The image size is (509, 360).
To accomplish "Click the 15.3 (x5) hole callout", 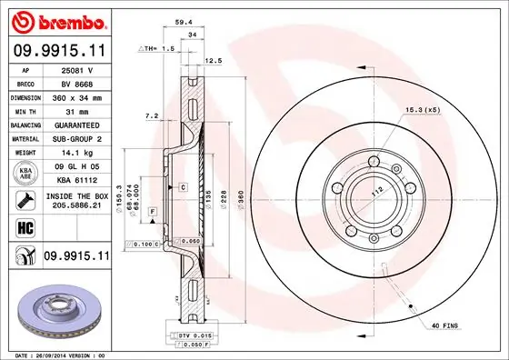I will pos(424,110).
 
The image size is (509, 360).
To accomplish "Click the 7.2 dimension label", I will pos(153,115).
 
